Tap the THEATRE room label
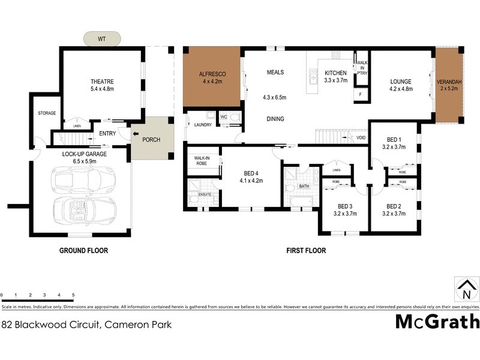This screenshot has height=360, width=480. (x=102, y=82)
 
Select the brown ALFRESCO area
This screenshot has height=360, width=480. (x=212, y=76)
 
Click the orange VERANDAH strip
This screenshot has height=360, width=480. (x=450, y=85)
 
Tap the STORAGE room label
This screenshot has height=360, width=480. (x=46, y=113)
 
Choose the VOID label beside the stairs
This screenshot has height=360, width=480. (x=361, y=137)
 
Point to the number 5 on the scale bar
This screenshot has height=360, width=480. (x=73, y=295)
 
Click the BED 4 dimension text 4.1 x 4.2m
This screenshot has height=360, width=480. (x=252, y=180)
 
